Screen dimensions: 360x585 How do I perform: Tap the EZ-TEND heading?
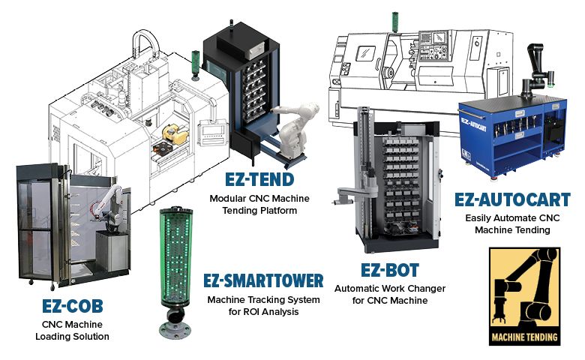[x=259, y=180]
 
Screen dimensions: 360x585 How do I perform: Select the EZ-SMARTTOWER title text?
[x=263, y=281]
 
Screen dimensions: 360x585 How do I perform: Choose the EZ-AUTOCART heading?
[x=507, y=199]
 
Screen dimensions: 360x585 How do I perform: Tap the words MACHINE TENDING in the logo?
[x=524, y=337]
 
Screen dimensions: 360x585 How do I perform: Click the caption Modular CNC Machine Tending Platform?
[x=259, y=204]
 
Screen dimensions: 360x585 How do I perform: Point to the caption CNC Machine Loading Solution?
[x=72, y=330]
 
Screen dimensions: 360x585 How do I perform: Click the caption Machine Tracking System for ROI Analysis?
[x=263, y=305]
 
